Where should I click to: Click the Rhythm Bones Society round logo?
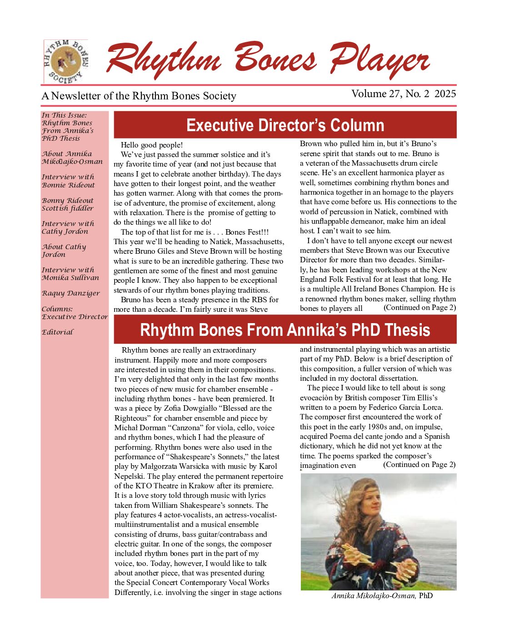(x=66, y=61)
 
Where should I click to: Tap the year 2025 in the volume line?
(x=447, y=94)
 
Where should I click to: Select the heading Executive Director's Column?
(x=285, y=125)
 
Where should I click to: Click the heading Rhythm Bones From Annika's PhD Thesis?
(x=285, y=330)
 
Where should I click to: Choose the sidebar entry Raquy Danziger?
(x=70, y=293)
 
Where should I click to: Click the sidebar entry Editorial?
(x=57, y=332)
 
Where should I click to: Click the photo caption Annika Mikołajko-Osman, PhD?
(x=382, y=596)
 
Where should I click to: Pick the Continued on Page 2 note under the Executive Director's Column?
(x=419, y=308)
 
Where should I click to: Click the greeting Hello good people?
(x=152, y=145)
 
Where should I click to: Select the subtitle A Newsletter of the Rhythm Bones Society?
(x=139, y=96)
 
